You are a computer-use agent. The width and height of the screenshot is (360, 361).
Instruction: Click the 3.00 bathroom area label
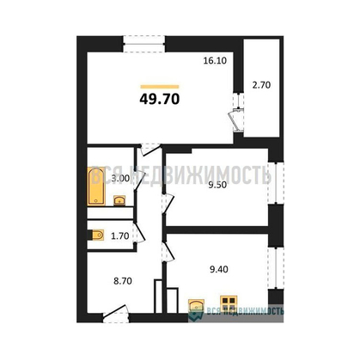(x=121, y=178)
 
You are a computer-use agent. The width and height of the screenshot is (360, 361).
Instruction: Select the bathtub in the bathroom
(x=96, y=183)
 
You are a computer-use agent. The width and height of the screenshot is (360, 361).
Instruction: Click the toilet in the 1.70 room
(x=97, y=235)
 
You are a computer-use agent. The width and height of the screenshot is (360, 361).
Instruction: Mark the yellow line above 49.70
(x=159, y=84)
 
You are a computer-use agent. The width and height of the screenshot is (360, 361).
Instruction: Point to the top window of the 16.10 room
(x=143, y=40)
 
